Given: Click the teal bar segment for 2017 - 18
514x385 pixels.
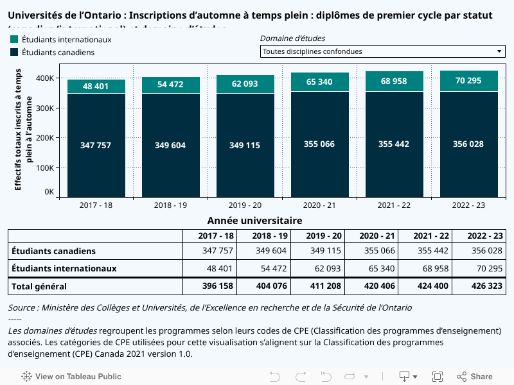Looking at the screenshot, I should click(x=96, y=86).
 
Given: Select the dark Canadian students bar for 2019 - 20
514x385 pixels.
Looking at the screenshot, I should click(x=245, y=167).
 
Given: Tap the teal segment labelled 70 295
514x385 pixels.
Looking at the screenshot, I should click(x=468, y=81).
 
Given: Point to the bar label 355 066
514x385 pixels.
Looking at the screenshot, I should click(x=319, y=144).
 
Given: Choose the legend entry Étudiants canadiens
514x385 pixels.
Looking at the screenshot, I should click(x=58, y=53).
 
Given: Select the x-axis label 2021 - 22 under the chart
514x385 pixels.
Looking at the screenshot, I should click(x=394, y=205).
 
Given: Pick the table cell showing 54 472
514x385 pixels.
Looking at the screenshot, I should click(x=270, y=268).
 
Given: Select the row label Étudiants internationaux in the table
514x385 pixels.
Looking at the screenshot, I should click(x=64, y=268).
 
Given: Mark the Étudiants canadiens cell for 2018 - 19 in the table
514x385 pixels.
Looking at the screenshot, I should click(x=270, y=251).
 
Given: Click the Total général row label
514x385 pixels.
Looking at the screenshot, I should click(x=39, y=286).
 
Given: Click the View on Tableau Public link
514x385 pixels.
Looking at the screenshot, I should click(x=71, y=377).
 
